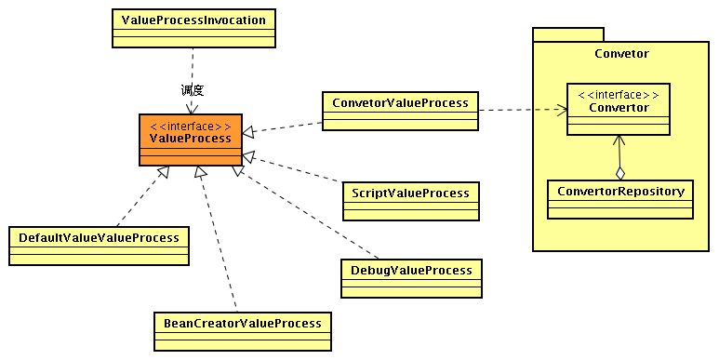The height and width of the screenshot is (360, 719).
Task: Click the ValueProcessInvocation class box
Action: pyautogui.click(x=193, y=28)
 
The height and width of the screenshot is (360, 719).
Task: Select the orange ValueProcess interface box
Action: pyautogui.click(x=191, y=140)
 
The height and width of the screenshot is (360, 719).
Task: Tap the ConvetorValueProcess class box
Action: pyautogui.click(x=400, y=109)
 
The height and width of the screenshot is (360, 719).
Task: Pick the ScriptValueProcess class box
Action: pyautogui.click(x=410, y=200)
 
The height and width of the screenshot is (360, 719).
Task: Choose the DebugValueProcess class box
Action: pyautogui.click(x=411, y=278)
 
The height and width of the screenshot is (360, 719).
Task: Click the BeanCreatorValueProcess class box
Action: pyautogui.click(x=242, y=331)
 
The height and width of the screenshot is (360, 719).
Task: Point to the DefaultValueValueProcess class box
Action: pyautogui.click(x=98, y=246)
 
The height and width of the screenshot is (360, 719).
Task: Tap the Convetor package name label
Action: pyautogui.click(x=621, y=53)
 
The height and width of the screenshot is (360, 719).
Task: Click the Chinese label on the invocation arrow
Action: pyautogui.click(x=192, y=90)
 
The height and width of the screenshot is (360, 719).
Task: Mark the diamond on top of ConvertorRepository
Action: pyautogui.click(x=619, y=172)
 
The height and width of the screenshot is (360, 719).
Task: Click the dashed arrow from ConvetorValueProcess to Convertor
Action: pyautogui.click(x=521, y=110)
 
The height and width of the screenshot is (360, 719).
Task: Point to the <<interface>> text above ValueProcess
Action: pyautogui.click(x=191, y=126)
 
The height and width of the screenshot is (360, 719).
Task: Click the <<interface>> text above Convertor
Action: pyautogui.click(x=619, y=95)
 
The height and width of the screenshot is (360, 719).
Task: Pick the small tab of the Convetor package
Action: pyautogui.click(x=567, y=33)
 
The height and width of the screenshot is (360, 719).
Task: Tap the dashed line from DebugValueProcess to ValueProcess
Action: pyautogui.click(x=307, y=213)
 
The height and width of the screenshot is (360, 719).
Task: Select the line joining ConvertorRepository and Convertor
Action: pyautogui.click(x=619, y=153)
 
